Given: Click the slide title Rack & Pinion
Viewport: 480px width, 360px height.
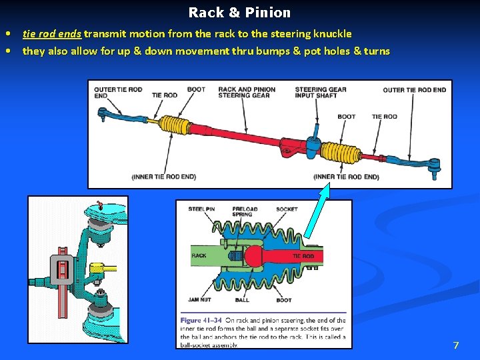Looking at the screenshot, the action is click(x=239, y=13).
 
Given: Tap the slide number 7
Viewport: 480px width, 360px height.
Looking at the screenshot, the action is click(x=456, y=345).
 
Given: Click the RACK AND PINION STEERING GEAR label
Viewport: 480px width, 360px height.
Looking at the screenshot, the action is click(x=246, y=92).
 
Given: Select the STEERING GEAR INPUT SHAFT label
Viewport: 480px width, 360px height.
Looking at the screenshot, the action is click(x=320, y=92).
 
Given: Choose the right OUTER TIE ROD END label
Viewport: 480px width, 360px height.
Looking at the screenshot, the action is click(x=414, y=89).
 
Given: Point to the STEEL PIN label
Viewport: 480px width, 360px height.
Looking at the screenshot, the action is click(x=201, y=209).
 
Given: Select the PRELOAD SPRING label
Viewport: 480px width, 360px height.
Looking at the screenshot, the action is click(x=244, y=212).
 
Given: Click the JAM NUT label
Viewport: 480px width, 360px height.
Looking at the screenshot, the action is click(x=200, y=301).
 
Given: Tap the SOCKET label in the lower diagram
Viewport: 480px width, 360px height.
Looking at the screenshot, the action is click(x=287, y=209).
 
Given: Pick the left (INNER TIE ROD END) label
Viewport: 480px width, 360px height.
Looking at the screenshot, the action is click(x=164, y=177).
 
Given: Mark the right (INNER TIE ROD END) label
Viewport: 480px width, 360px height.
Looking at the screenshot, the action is click(x=346, y=177).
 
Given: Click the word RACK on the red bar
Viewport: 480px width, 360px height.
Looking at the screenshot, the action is click(x=199, y=255).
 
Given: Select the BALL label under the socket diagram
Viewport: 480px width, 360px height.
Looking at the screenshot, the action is click(x=242, y=301).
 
